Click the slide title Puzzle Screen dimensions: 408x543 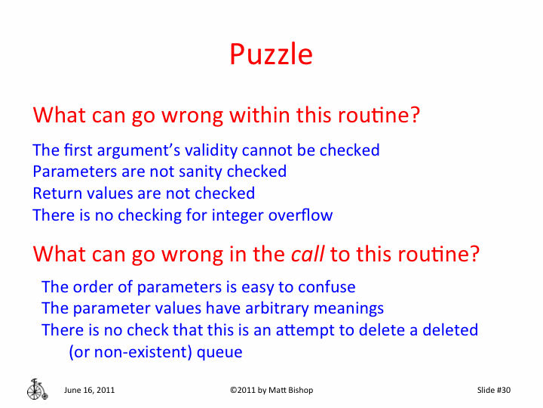pyautogui.click(x=271, y=54)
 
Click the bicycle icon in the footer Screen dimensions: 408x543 pyautogui.click(x=37, y=388)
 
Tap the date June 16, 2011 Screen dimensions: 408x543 pyautogui.click(x=90, y=390)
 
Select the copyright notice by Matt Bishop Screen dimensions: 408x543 pyautogui.click(x=271, y=390)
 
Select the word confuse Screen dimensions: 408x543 pyautogui.click(x=326, y=287)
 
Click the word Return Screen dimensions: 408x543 pyautogui.click(x=57, y=193)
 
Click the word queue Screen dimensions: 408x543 pyautogui.click(x=219, y=352)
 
